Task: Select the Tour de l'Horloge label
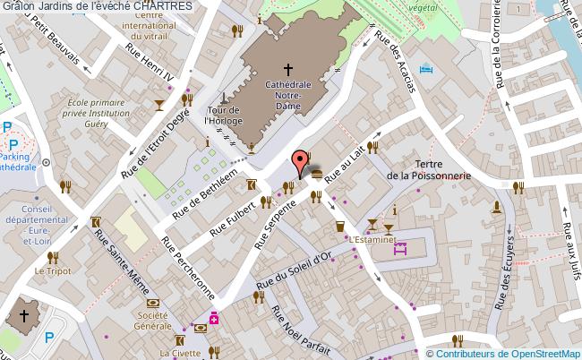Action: pyautogui.click(x=221, y=115)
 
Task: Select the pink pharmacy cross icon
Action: pyautogui.click(x=215, y=317)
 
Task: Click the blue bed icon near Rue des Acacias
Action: pyautogui.click(x=426, y=69)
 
